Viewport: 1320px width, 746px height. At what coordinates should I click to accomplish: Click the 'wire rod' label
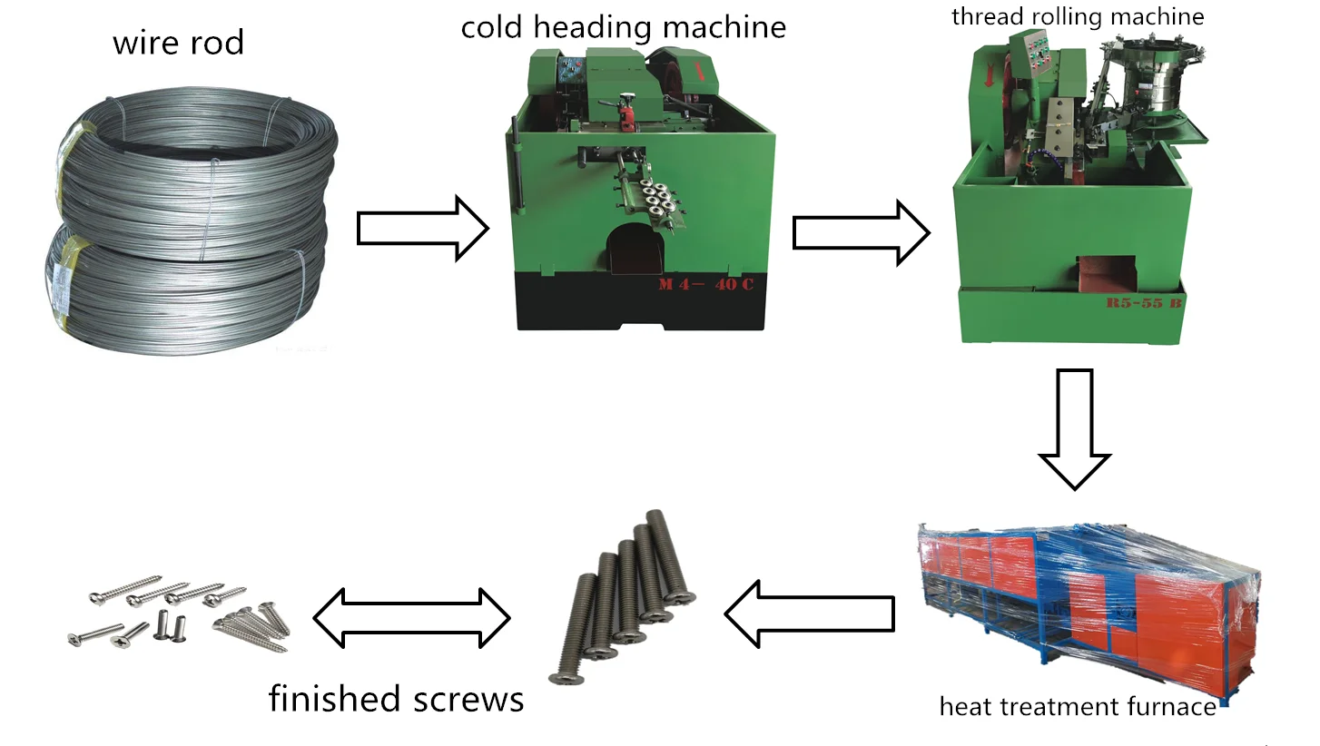[x=178, y=42]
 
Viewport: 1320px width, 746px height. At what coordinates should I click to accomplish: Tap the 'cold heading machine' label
[x=623, y=26]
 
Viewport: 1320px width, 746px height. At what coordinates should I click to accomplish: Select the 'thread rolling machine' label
[x=1077, y=16]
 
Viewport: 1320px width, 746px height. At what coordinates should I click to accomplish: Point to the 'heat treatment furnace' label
[x=1077, y=706]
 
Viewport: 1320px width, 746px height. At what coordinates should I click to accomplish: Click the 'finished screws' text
[x=396, y=699]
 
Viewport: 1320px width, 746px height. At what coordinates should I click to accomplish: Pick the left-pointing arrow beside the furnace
[x=808, y=614]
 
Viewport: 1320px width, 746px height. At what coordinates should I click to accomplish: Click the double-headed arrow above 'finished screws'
[x=411, y=618]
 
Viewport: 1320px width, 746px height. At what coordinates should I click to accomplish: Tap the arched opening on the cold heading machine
[x=635, y=248]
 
